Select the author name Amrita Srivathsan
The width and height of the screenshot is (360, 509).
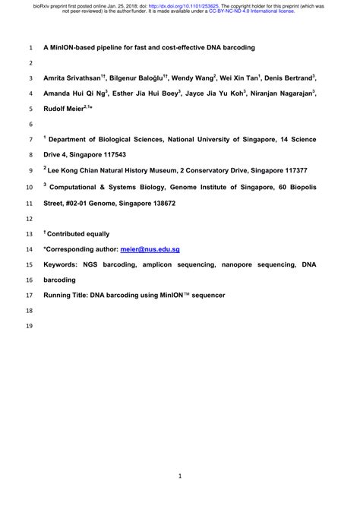[x=74, y=78]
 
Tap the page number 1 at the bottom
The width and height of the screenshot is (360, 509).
[x=179, y=476]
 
